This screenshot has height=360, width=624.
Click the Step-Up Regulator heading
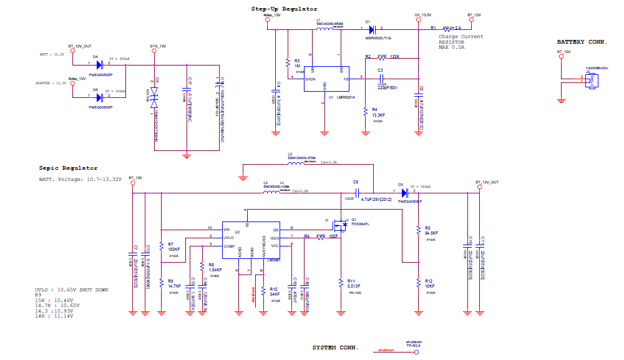(x=284, y=9)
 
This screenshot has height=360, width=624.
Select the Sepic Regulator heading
(x=68, y=168)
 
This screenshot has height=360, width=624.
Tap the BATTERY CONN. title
(x=582, y=42)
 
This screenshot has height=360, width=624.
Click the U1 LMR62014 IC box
(x=324, y=79)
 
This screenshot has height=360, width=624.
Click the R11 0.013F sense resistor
(x=341, y=282)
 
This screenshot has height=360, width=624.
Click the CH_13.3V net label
(x=422, y=14)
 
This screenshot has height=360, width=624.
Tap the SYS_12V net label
(x=158, y=46)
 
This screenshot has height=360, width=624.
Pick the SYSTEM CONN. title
(x=336, y=347)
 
